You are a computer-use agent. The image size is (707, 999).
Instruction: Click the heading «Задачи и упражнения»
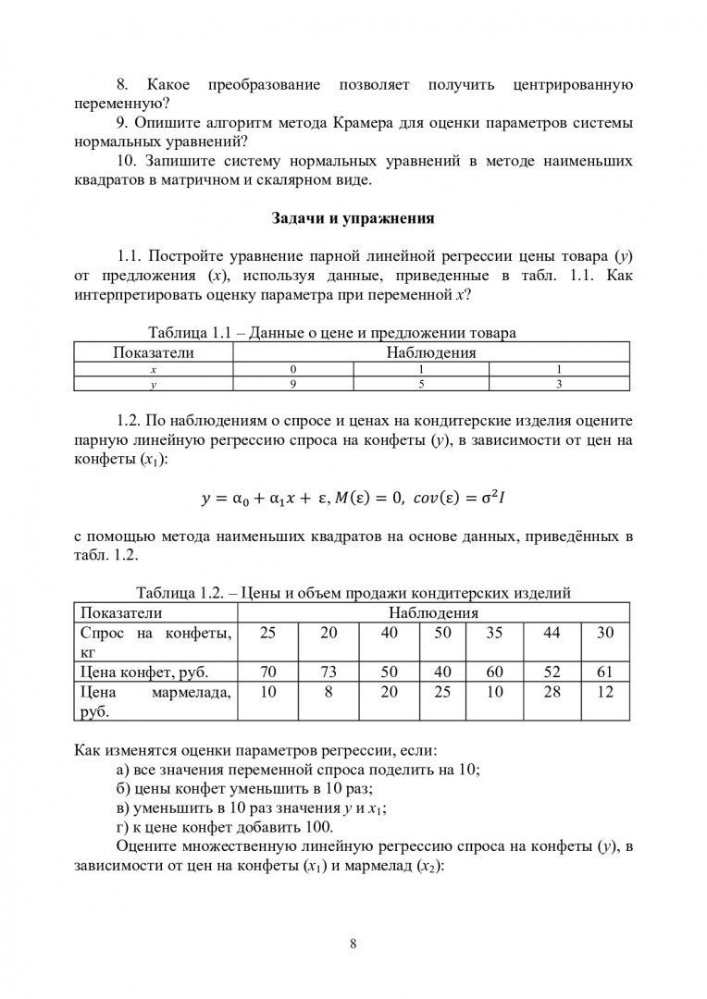[353, 219]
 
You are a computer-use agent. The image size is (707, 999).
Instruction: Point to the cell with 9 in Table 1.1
[292, 381]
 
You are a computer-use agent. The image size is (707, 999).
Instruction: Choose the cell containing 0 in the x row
[292, 367]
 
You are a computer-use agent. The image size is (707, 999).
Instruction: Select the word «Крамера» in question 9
[363, 123]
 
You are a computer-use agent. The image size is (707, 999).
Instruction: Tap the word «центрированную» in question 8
[571, 85]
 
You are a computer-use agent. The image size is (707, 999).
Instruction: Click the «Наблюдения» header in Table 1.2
[433, 612]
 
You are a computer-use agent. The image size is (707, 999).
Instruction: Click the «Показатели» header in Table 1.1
[153, 351]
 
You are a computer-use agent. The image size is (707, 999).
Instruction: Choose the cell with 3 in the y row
[559, 381]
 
